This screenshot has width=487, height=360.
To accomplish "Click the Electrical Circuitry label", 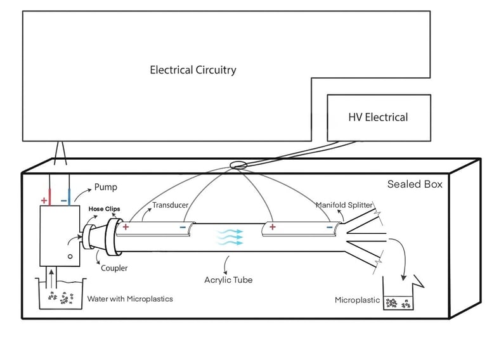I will point(193,70).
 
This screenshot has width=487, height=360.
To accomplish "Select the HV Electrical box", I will point(379,117).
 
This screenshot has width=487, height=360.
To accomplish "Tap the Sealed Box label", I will point(415,184).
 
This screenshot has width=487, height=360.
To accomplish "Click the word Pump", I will point(105,188).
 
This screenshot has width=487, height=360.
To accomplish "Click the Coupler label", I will point(114,268).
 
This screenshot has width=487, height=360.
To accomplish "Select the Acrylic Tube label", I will point(228,280).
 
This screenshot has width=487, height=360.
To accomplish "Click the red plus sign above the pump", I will point(44,200).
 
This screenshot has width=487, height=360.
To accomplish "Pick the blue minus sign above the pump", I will point(65,200).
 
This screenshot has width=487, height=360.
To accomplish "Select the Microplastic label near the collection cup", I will point(357,300).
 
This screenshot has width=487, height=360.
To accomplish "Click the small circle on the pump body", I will point(70,256).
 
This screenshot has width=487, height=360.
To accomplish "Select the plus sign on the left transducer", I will point(126,226).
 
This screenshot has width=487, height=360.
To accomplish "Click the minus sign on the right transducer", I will point(329,226).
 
